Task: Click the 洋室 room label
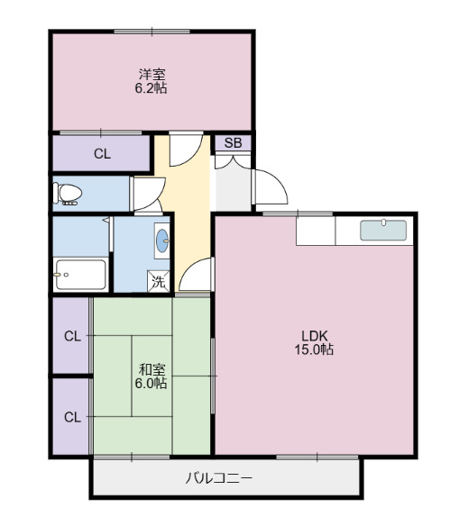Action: tap(151, 74)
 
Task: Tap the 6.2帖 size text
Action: tap(151, 88)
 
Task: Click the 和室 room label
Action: tap(151, 369)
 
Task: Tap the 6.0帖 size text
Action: tap(151, 383)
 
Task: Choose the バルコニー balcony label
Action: tap(219, 477)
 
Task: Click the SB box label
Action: tap(233, 143)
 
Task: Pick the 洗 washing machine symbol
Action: tap(158, 281)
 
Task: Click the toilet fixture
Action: tap(68, 193)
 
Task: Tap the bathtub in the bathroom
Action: tap(79, 274)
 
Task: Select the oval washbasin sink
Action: tap(163, 240)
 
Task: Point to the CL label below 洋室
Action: tap(102, 153)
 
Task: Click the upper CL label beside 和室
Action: tap(72, 337)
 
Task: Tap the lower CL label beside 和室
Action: tap(72, 416)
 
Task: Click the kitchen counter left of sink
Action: tap(316, 231)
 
